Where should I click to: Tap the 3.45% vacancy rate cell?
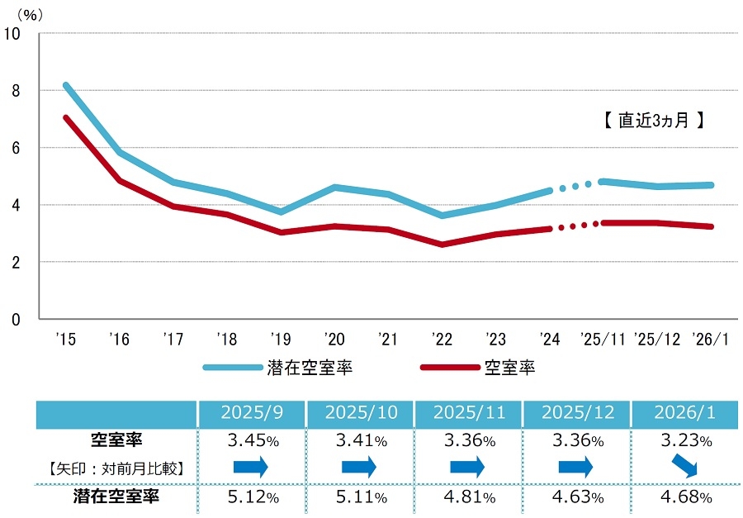pos(252,440)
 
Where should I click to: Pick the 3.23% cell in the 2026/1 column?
pos(684,440)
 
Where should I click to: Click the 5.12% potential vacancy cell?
pos(252,497)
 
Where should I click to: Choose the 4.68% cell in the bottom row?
pos(684,497)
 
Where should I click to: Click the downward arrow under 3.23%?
pos(684,468)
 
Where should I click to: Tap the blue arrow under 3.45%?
pos(252,468)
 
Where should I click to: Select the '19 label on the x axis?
pos(281,339)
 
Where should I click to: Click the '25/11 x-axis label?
pos(603,339)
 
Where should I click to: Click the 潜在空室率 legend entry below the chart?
pos(280,368)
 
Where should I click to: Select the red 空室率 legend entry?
pos(479,368)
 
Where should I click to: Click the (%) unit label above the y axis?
pos(30,13)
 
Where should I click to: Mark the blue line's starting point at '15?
pos(65,85)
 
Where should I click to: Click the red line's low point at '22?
pos(443,244)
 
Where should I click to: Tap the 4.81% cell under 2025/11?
pos(468,497)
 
